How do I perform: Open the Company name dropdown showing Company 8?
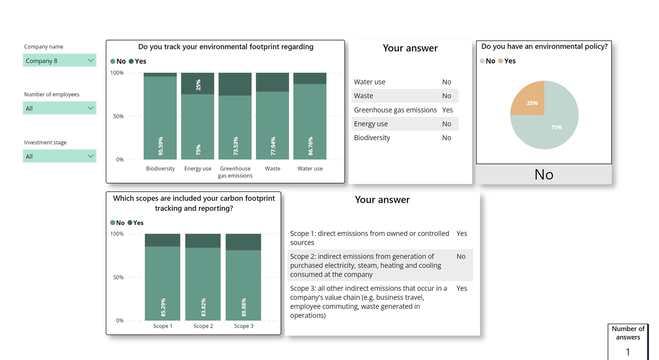click(59, 60)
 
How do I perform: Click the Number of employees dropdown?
click(59, 108)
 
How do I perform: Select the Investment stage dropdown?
click(59, 156)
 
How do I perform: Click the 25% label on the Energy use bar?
click(198, 85)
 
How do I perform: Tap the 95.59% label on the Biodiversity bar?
click(160, 146)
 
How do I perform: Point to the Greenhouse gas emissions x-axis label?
click(235, 172)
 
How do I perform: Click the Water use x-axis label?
click(310, 168)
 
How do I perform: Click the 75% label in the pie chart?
click(556, 127)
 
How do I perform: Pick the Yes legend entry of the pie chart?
click(507, 61)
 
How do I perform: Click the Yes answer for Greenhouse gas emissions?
click(447, 110)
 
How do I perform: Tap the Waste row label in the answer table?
click(363, 96)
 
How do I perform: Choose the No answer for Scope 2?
click(461, 256)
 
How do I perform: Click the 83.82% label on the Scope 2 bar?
click(204, 307)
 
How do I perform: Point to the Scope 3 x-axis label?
click(244, 326)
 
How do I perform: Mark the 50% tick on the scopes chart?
click(118, 277)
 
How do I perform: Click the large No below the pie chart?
click(544, 174)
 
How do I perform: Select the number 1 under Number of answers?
click(628, 352)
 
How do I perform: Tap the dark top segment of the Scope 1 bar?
click(162, 240)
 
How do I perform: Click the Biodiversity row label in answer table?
click(372, 138)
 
